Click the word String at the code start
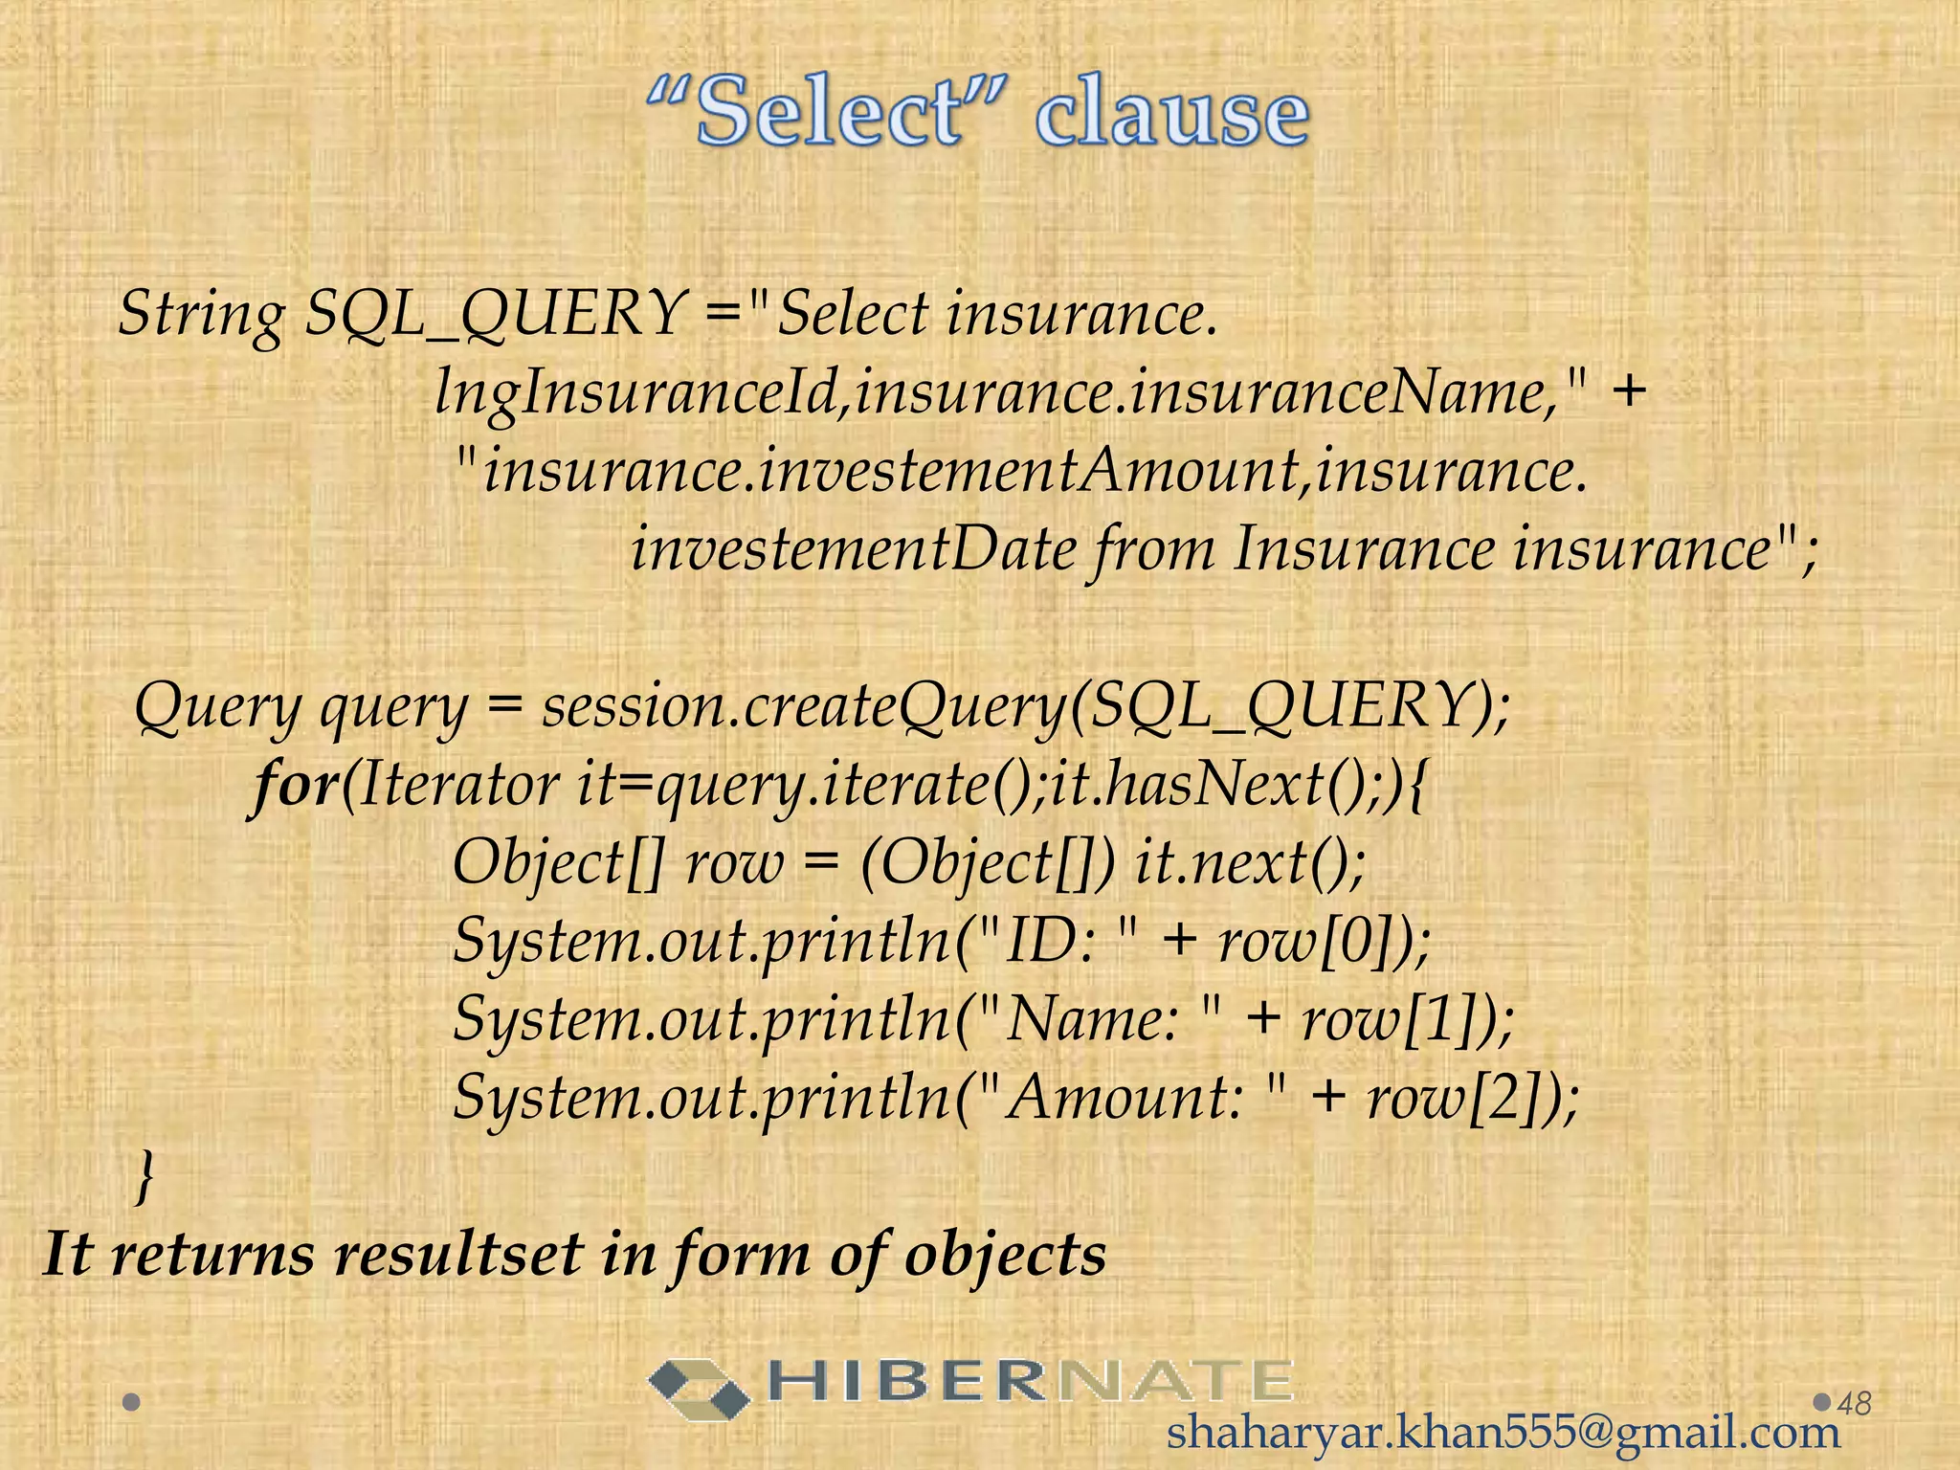click(x=201, y=314)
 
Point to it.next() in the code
click(x=1250, y=863)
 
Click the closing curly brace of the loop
click(x=144, y=1175)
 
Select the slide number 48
click(x=1855, y=1403)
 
